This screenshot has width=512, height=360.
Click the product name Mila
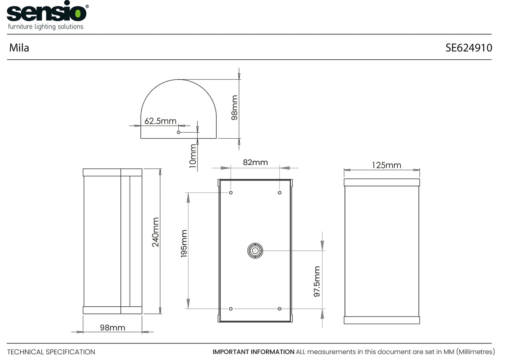coord(19,48)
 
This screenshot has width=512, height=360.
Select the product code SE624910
coord(468,48)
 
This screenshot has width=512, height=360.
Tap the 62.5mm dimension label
coord(160,121)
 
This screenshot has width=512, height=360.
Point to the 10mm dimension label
coord(193,156)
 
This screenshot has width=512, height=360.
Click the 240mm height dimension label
coord(155,232)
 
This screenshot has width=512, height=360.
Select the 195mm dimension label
coord(184,244)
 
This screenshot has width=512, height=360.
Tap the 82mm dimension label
coord(255,162)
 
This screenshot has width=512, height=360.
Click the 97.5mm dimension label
coord(317,282)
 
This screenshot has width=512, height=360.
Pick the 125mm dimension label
coord(386,165)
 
